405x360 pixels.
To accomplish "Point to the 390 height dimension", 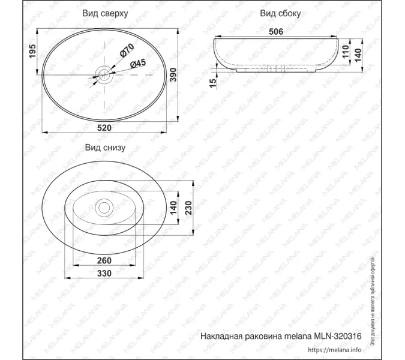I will click(x=188, y=75).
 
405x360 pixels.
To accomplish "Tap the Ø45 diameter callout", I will click(x=137, y=64).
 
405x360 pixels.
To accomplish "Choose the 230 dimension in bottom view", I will click(x=188, y=208).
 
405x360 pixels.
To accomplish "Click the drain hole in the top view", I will click(x=104, y=75).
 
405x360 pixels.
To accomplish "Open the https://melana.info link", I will click(x=335, y=350).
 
